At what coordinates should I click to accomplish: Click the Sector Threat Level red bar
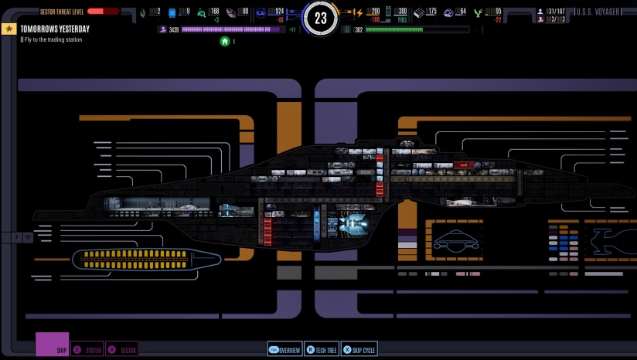(103, 12)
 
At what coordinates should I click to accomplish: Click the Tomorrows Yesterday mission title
(55, 29)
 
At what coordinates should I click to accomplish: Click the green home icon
(225, 41)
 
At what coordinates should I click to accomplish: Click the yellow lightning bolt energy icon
(358, 12)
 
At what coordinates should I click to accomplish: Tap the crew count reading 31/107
(555, 12)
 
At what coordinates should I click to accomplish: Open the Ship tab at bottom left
(53, 345)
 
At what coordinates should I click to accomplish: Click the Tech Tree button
(322, 350)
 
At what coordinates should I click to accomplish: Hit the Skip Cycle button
(359, 350)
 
